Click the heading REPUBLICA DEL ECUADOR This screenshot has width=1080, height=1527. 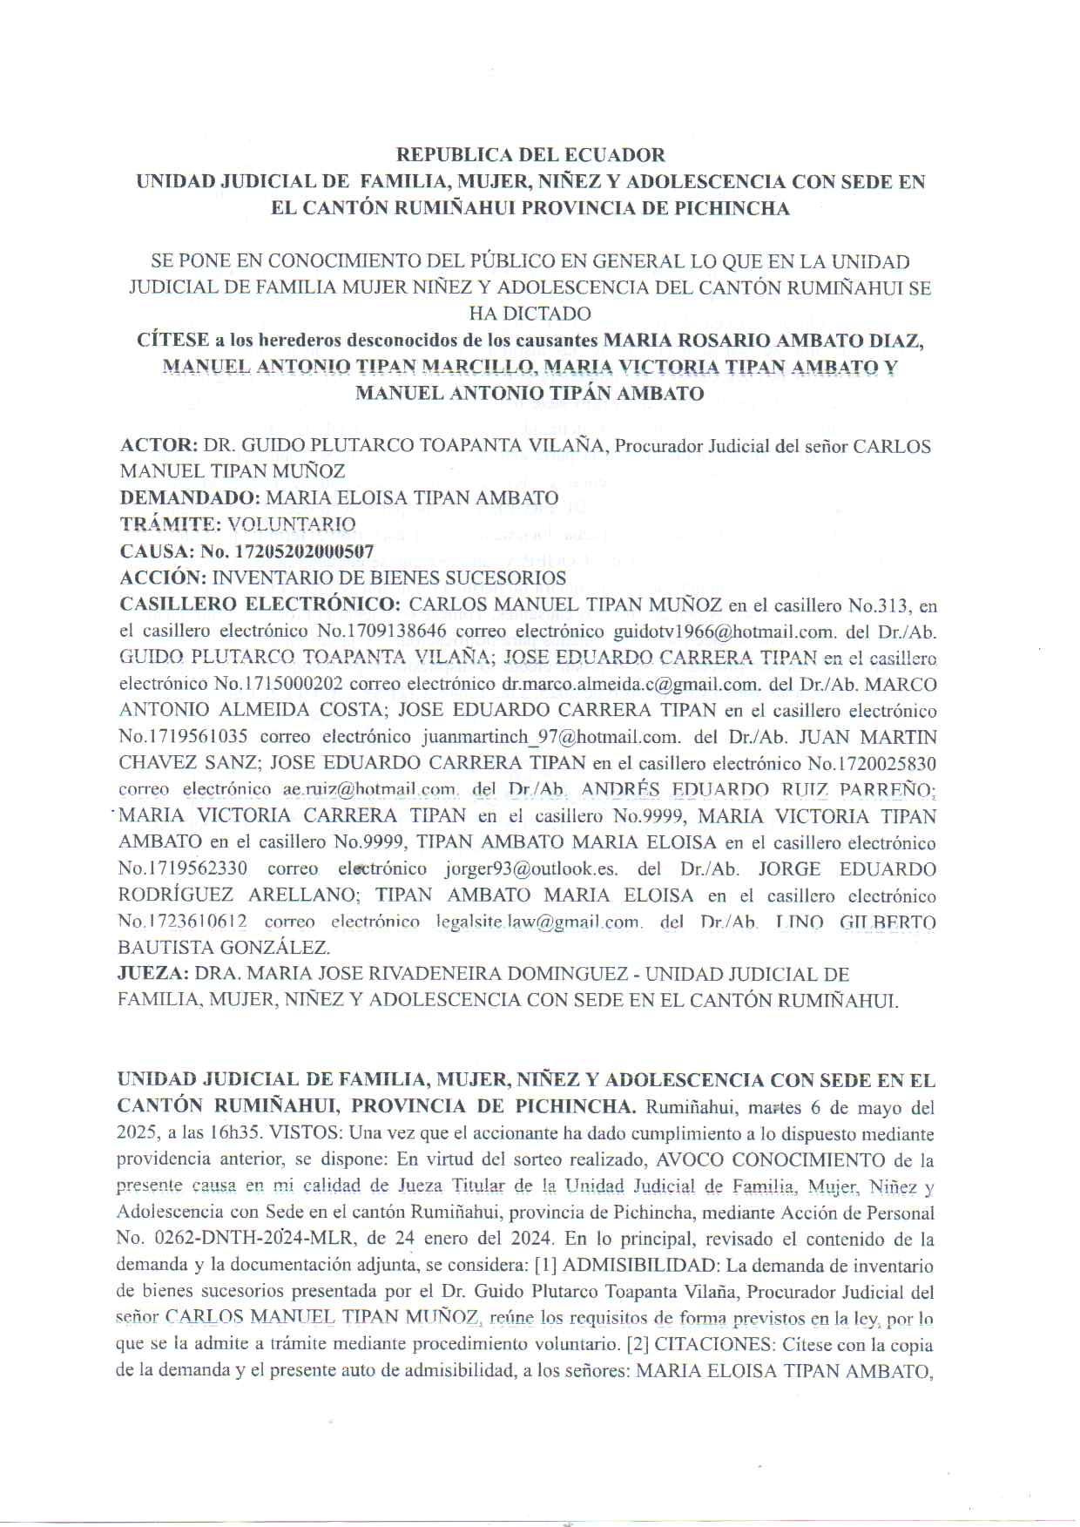pyautogui.click(x=530, y=155)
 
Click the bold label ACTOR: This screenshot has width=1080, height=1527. pyautogui.click(x=159, y=446)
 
